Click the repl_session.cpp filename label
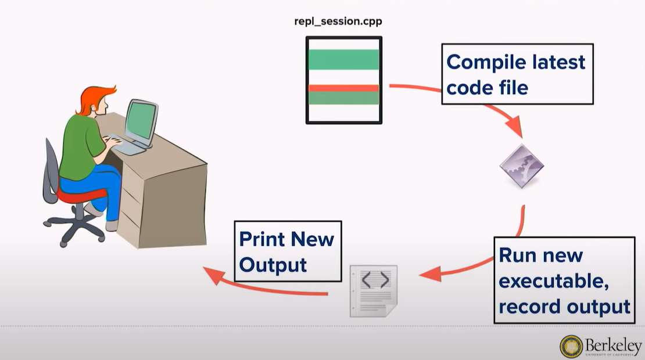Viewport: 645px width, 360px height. point(338,23)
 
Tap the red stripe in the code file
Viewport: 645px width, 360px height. point(343,88)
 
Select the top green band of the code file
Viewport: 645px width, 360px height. point(343,59)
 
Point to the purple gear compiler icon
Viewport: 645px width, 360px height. point(521,166)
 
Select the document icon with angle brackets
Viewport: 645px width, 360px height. point(374,290)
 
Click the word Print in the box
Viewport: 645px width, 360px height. point(263,239)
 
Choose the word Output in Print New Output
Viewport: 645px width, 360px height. point(273,265)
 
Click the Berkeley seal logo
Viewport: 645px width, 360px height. point(571,346)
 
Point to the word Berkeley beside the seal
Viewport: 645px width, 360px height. point(612,344)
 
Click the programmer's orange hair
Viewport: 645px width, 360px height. point(93,100)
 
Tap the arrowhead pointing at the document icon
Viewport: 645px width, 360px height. point(428,273)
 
